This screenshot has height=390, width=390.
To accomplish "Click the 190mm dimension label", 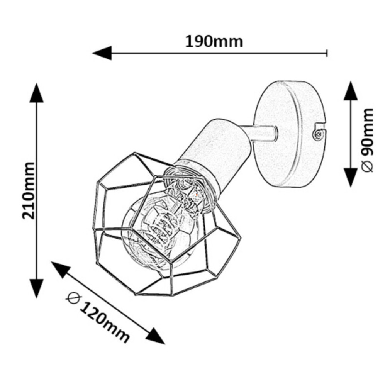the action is [x=214, y=42].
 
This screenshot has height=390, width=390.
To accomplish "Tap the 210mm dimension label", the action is [x=28, y=191].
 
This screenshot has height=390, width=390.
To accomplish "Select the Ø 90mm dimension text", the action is [x=367, y=140].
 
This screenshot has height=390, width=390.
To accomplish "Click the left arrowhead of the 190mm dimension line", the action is [x=102, y=53].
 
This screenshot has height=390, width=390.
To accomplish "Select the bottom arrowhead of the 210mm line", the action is [x=37, y=288].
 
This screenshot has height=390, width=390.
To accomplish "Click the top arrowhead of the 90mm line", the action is [x=351, y=90].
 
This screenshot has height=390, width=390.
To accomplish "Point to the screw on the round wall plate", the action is [x=318, y=135].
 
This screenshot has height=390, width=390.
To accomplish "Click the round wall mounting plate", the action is [x=290, y=134].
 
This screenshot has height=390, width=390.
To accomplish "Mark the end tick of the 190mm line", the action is [x=327, y=53].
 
